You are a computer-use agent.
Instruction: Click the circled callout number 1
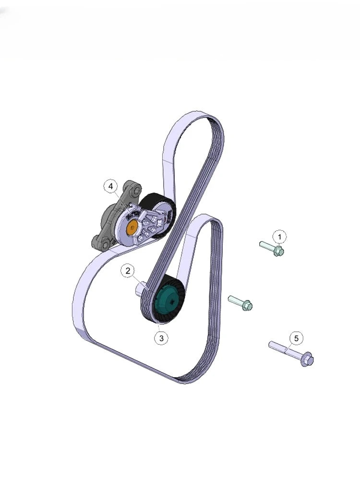click(279, 237)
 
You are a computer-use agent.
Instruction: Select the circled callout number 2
click(128, 271)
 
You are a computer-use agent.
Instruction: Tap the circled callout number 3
click(161, 338)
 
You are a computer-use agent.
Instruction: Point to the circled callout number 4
click(110, 186)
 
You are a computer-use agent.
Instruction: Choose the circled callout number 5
click(296, 338)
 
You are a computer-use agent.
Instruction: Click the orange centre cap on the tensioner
click(132, 228)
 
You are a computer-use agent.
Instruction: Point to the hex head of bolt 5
click(307, 359)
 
